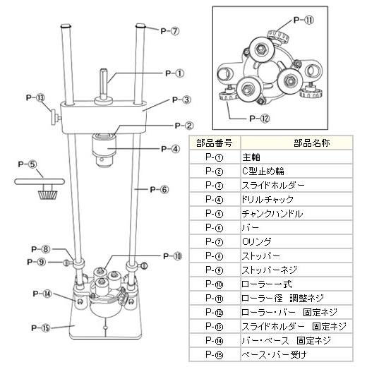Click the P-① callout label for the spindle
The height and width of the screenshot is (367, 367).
pos(174,72)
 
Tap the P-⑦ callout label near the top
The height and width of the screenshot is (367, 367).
pos(170,31)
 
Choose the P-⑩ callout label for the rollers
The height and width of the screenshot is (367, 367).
pos(172,255)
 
